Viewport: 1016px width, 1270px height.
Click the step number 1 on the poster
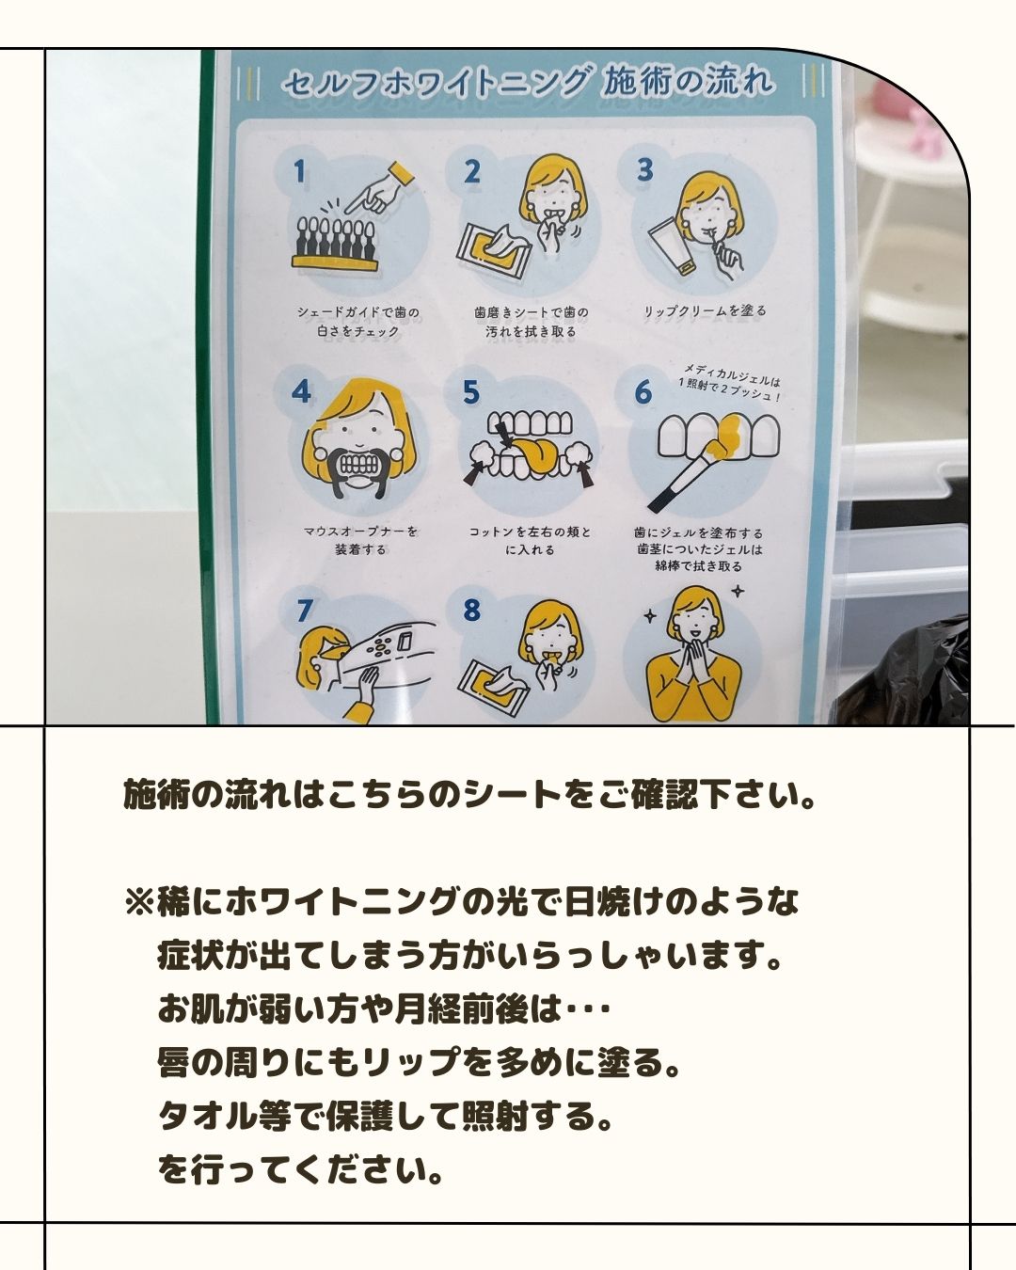tap(300, 172)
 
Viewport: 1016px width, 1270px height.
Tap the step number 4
tap(301, 391)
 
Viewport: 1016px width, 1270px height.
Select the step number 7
tap(304, 611)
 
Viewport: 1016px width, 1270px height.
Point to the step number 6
tap(643, 392)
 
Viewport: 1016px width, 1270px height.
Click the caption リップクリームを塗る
tap(705, 310)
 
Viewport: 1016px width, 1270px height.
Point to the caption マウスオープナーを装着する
tap(360, 540)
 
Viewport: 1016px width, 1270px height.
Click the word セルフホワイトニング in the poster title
tap(435, 83)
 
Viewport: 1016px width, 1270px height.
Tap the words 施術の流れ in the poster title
tap(688, 80)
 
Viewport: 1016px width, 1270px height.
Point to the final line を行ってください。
tap(300, 1171)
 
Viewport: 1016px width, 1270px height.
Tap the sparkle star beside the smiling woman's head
tap(737, 590)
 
